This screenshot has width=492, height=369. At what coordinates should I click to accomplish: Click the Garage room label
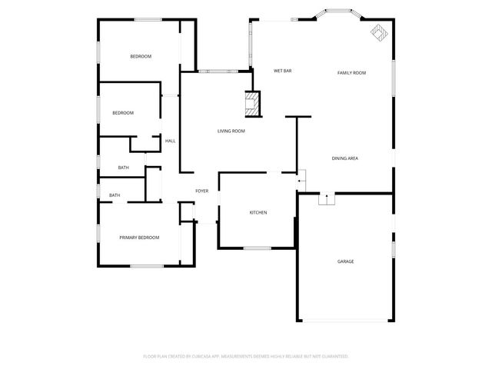(x=345, y=261)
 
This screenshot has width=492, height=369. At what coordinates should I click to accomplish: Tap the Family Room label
(x=351, y=73)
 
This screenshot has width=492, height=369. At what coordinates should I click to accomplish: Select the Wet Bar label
(x=282, y=71)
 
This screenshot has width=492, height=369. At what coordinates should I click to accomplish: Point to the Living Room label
(x=231, y=131)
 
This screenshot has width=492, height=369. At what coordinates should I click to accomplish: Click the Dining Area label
(x=345, y=158)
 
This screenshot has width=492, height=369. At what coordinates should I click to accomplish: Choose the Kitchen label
(x=258, y=212)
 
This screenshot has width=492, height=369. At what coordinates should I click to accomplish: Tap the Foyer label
(x=201, y=191)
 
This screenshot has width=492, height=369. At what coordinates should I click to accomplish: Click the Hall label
(x=170, y=141)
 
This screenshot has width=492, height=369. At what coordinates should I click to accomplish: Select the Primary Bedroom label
(x=139, y=238)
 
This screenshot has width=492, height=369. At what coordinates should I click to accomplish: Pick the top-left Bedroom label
(x=140, y=56)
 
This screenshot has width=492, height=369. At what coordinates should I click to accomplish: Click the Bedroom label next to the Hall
(x=123, y=113)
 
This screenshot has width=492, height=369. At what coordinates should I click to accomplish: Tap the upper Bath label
(x=123, y=168)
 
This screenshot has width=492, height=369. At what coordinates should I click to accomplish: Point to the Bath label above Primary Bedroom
(x=115, y=195)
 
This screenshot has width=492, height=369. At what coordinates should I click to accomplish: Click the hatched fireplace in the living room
(x=252, y=104)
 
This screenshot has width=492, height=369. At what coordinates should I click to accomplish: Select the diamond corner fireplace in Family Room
(x=377, y=32)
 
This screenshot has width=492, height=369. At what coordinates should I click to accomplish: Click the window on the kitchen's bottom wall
(x=257, y=248)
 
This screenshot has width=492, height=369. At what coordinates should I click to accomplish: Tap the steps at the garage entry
(x=327, y=199)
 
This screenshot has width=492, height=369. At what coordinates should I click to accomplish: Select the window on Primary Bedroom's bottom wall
(x=145, y=266)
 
